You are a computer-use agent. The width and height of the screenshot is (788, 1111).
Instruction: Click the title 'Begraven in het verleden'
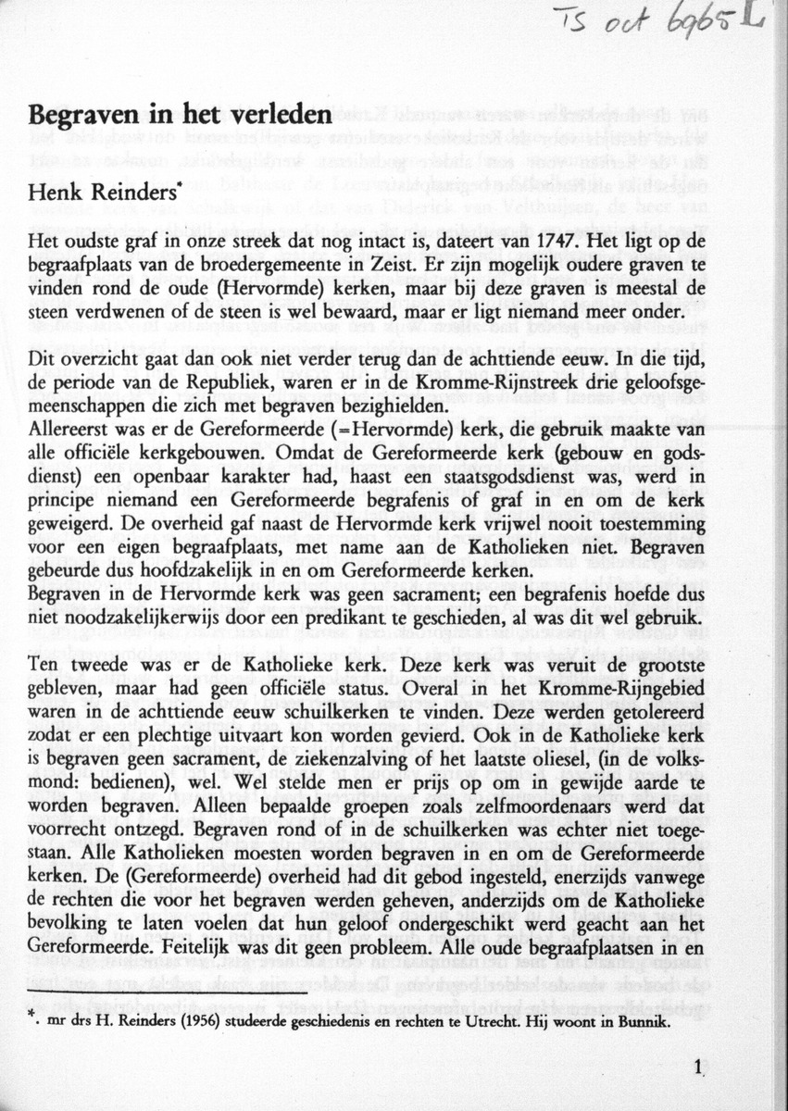coord(180,115)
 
